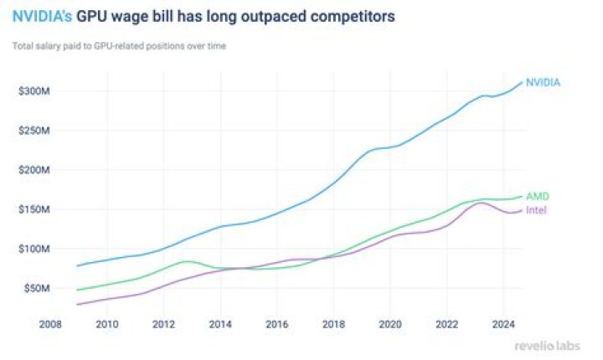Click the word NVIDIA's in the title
coord(41,16)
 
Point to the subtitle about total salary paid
coord(118,45)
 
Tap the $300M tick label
coord(34,90)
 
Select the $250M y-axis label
coord(34,131)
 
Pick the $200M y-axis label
coord(34,170)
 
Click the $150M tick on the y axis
coord(34,209)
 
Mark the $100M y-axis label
coord(34,249)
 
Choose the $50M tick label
coord(37,288)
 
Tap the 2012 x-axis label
coord(163,322)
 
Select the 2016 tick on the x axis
coord(276,322)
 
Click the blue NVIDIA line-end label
coord(543,82)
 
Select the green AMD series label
coord(538,196)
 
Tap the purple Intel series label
coord(537,209)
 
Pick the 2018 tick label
coord(333,322)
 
